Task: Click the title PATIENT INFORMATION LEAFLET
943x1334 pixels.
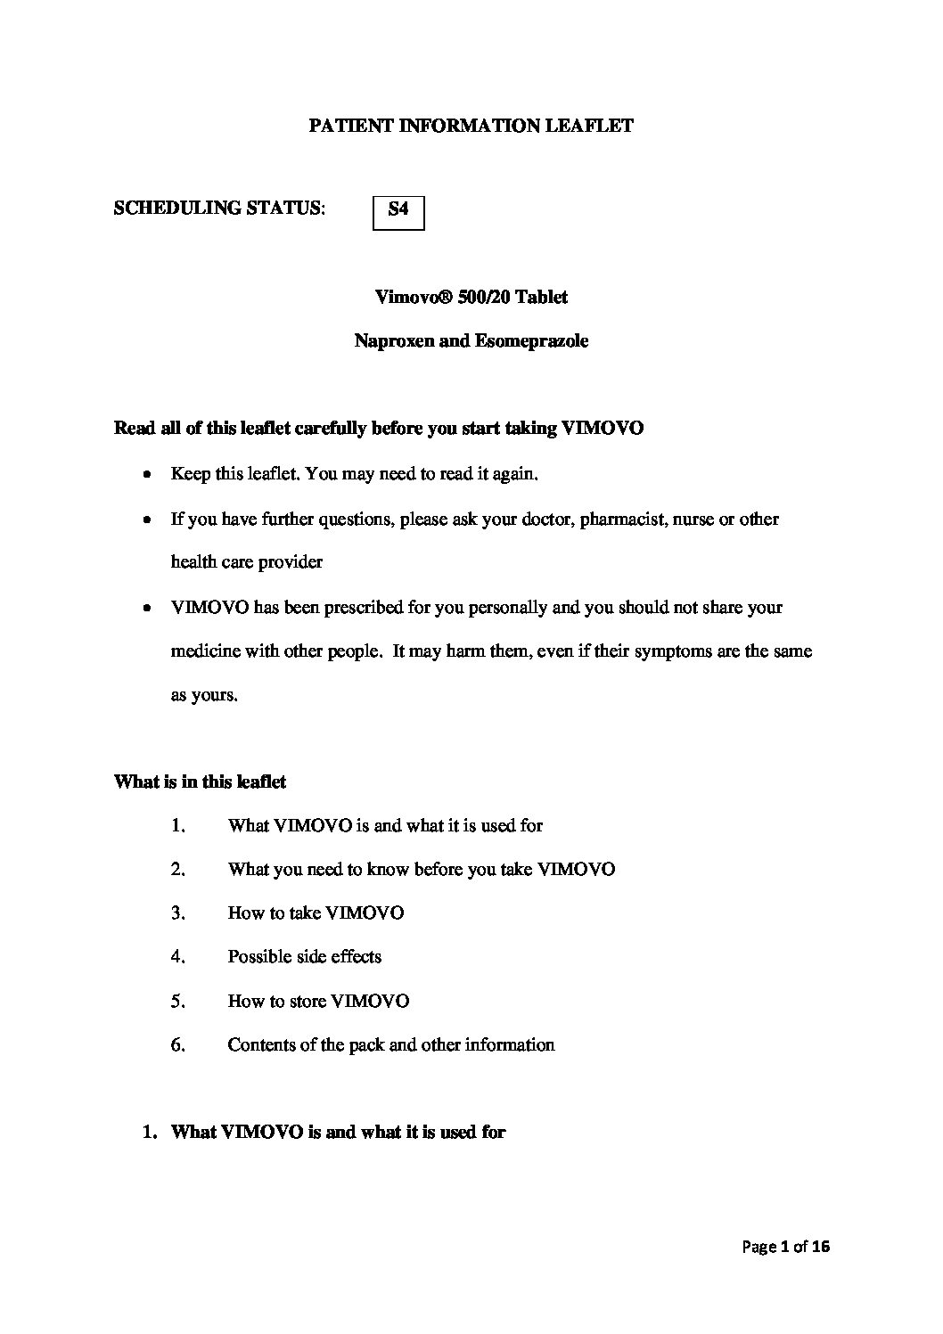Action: coord(471,127)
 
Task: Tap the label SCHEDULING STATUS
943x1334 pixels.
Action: coord(219,209)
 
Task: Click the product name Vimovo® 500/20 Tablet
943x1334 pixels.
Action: coord(471,298)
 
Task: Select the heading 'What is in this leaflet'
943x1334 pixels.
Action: coord(200,782)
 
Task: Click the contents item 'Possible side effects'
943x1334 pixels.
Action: coord(304,957)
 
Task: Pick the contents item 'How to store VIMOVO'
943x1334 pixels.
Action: coord(318,1002)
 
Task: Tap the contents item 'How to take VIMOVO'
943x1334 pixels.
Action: coord(316,913)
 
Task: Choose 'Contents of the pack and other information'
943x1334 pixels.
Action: coord(390,1045)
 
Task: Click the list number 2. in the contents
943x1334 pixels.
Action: coord(177,870)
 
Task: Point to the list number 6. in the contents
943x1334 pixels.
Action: coord(177,1045)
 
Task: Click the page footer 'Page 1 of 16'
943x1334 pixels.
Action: coord(785,1248)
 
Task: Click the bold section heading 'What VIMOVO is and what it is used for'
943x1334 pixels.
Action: coord(338,1133)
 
